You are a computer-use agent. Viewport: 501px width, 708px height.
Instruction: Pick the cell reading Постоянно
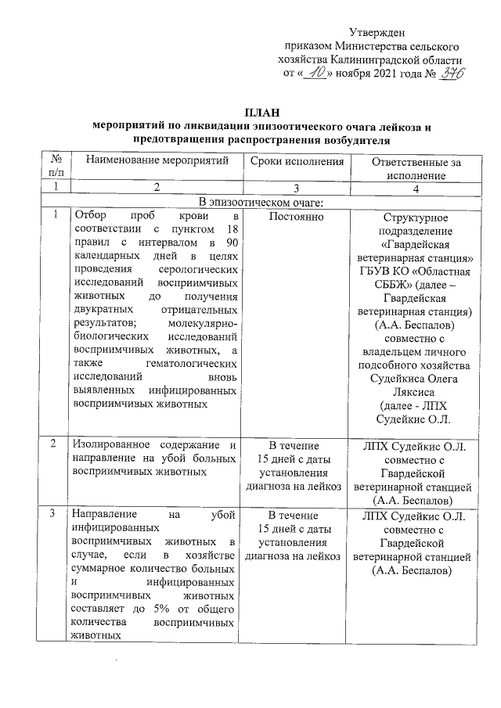[x=297, y=216]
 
